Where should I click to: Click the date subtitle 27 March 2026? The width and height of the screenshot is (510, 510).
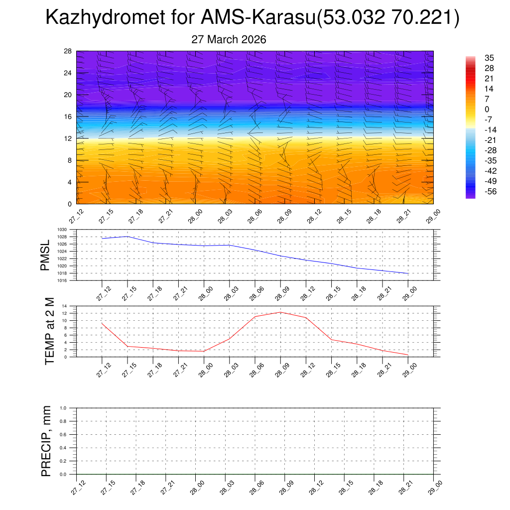pyautogui.click(x=229, y=40)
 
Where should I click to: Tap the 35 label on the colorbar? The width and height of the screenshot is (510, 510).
pyautogui.click(x=488, y=58)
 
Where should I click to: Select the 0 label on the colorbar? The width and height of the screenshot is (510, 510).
pyautogui.click(x=487, y=109)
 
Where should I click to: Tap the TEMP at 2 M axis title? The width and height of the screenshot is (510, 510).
pyautogui.click(x=49, y=331)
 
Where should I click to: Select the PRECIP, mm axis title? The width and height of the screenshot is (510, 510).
pyautogui.click(x=46, y=441)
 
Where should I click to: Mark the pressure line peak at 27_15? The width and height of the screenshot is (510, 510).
pyautogui.click(x=127, y=236)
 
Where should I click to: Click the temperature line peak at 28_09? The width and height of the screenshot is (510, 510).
pyautogui.click(x=280, y=312)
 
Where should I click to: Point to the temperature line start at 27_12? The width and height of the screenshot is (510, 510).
pyautogui.click(x=102, y=323)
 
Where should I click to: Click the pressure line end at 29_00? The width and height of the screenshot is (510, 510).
pyautogui.click(x=408, y=273)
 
